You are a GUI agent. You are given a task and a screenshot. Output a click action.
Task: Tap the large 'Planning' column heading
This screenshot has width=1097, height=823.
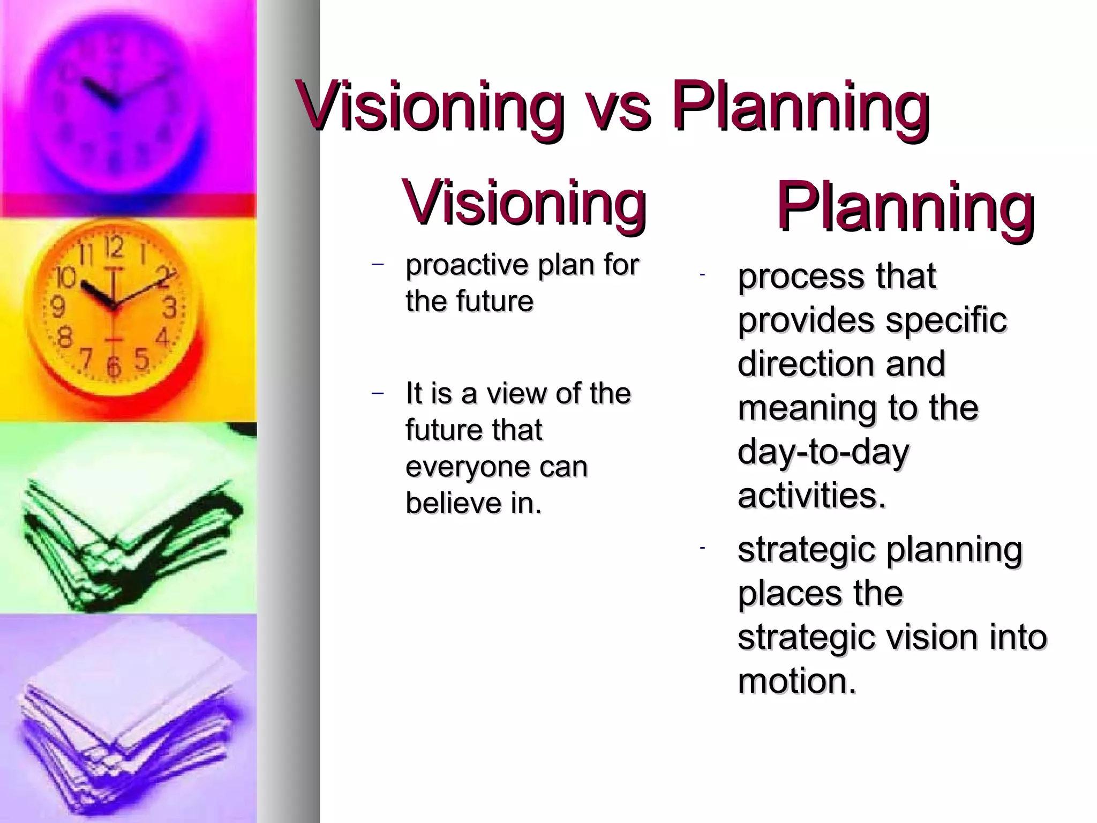pyautogui.click(x=905, y=208)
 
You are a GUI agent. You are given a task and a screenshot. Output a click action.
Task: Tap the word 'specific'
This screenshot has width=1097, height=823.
pyautogui.click(x=945, y=320)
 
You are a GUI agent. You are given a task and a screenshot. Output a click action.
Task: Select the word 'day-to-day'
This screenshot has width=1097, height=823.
pyautogui.click(x=823, y=452)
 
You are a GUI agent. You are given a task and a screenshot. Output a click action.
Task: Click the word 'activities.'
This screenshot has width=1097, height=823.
pyautogui.click(x=812, y=495)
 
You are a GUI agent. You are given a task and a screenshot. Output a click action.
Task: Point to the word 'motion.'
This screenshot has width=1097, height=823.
pyautogui.click(x=797, y=681)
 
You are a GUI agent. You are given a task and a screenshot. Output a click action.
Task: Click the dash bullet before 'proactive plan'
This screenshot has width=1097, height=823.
pyautogui.click(x=378, y=264)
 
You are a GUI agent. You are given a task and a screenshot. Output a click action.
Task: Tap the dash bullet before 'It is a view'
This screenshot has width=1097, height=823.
pyautogui.click(x=378, y=393)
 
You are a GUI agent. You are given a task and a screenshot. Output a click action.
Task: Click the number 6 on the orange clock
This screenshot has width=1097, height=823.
pyautogui.click(x=114, y=366)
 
